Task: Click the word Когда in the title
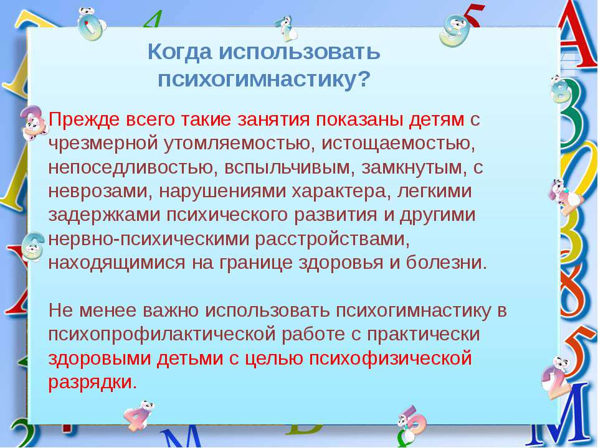coord(179,52)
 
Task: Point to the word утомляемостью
coord(239,144)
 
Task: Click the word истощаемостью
coord(399,144)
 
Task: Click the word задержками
coord(104,215)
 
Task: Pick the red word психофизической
coord(390,358)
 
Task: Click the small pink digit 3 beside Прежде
coord(34,121)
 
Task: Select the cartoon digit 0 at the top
coord(90,24)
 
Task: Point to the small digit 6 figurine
coord(32,246)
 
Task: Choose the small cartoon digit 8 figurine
coord(561,89)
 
